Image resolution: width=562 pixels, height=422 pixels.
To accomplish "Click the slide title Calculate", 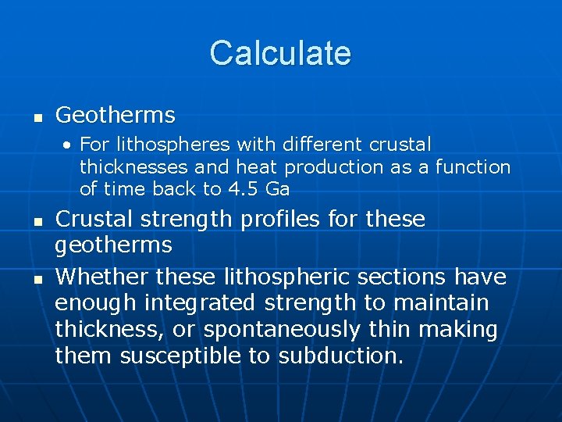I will [280, 53].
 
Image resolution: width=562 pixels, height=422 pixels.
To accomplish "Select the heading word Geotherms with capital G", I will [116, 116].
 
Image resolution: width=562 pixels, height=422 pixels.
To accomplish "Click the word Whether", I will [102, 277].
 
